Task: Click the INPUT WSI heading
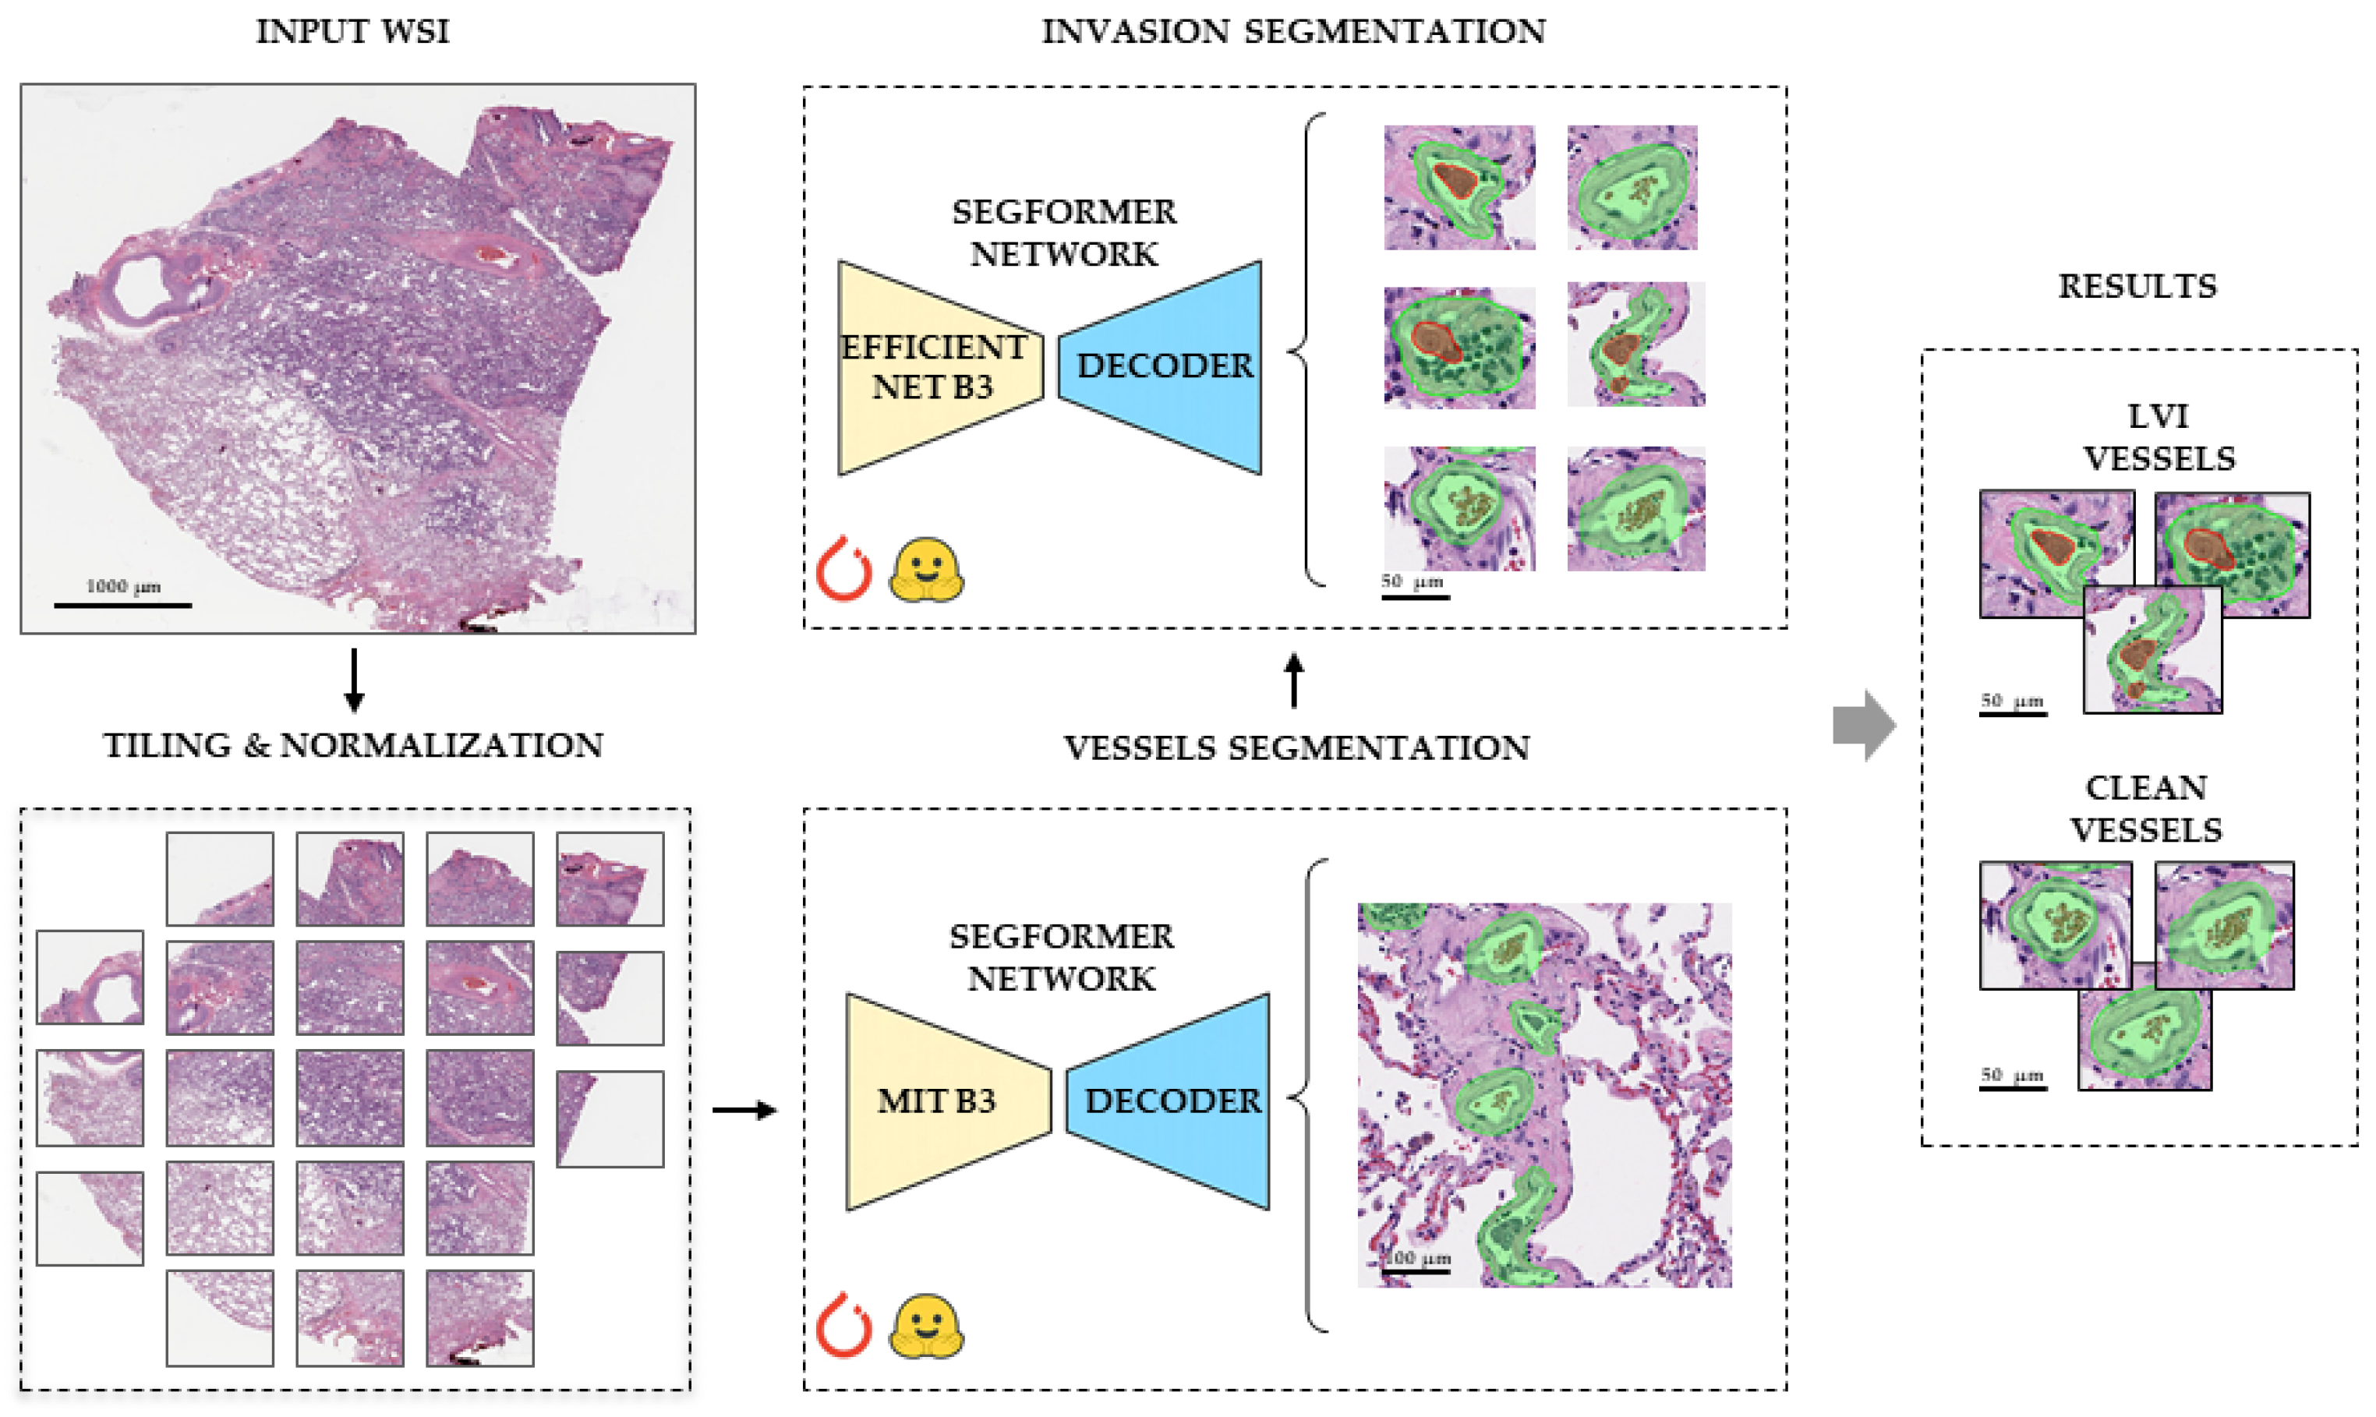pyautogui.click(x=352, y=31)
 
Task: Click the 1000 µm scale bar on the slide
pyautogui.click(x=123, y=604)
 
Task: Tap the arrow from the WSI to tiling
pyautogui.click(x=355, y=680)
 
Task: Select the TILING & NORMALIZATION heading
pyautogui.click(x=353, y=746)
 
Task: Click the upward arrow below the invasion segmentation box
pyautogui.click(x=1294, y=680)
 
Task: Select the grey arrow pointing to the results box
pyautogui.click(x=1863, y=726)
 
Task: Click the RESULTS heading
pyautogui.click(x=2137, y=287)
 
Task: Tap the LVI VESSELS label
pyautogui.click(x=2159, y=437)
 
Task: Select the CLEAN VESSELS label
pyautogui.click(x=2146, y=809)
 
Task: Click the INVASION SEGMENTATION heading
pyautogui.click(x=1294, y=31)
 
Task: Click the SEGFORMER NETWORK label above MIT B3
pyautogui.click(x=1062, y=958)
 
